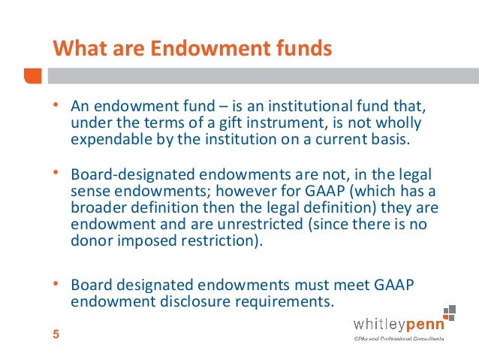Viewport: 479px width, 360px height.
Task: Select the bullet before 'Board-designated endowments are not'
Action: pyautogui.click(x=54, y=173)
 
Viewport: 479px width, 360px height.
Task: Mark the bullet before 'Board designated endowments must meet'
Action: pyautogui.click(x=54, y=284)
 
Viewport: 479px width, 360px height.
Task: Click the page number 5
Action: pyautogui.click(x=56, y=335)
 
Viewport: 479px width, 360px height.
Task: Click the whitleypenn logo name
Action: pyautogui.click(x=398, y=325)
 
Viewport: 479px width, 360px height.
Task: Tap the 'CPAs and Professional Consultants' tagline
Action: pyautogui.click(x=398, y=339)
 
